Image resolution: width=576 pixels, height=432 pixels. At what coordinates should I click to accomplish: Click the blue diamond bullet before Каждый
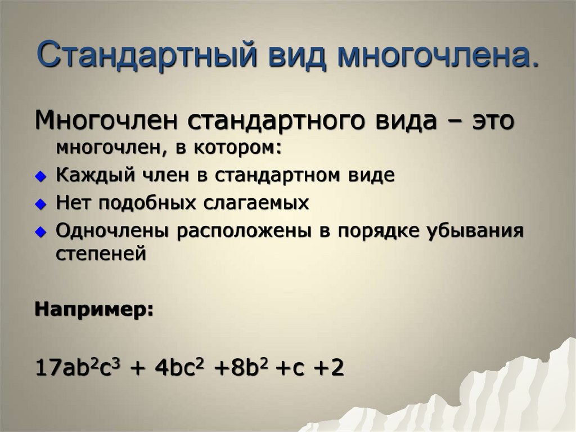[39, 176]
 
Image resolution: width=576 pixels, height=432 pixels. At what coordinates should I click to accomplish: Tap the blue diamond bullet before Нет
[39, 204]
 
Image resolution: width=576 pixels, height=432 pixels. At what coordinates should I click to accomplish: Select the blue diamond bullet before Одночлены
[39, 231]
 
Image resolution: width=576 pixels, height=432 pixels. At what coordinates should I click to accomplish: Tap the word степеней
[101, 253]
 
